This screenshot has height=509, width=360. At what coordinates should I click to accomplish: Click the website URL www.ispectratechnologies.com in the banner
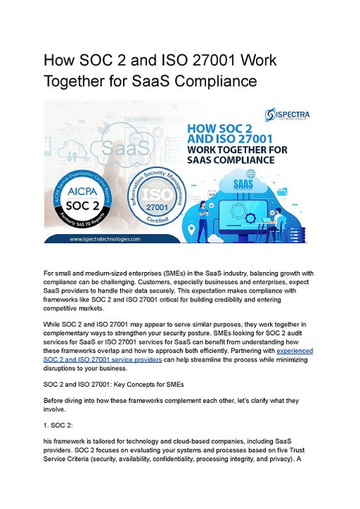[x=105, y=239]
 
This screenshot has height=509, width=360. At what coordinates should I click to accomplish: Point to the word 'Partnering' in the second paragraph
[x=245, y=351]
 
